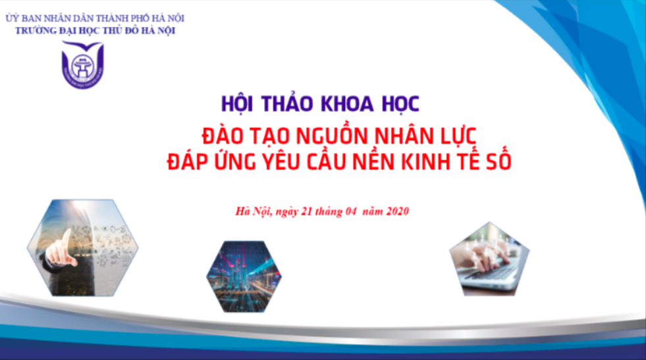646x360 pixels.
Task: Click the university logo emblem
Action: (82, 64)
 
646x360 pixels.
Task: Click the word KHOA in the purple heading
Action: (347, 104)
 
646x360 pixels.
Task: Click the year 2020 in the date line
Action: (398, 211)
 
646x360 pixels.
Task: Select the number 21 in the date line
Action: (306, 211)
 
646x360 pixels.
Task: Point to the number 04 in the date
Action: (350, 211)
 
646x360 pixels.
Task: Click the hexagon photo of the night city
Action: (244, 276)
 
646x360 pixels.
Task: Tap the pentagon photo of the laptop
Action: (489, 259)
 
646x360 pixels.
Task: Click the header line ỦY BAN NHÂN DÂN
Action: (95, 18)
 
